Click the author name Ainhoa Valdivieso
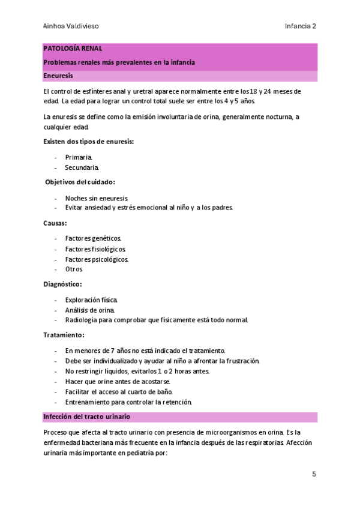(x=71, y=26)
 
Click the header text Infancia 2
(x=301, y=26)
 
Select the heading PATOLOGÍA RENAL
(x=73, y=48)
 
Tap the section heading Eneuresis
(x=58, y=77)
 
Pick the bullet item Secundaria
(x=82, y=167)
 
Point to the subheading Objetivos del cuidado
(x=81, y=182)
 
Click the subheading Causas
(x=55, y=223)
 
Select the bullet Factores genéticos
(x=94, y=238)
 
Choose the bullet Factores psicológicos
(x=97, y=259)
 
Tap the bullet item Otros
(x=74, y=270)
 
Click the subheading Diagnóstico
(x=63, y=284)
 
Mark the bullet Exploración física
(x=92, y=300)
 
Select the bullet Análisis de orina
(x=90, y=310)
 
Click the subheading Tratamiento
(x=64, y=335)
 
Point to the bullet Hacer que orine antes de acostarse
(x=118, y=381)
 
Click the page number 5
(x=314, y=474)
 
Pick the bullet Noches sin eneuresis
(x=97, y=197)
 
